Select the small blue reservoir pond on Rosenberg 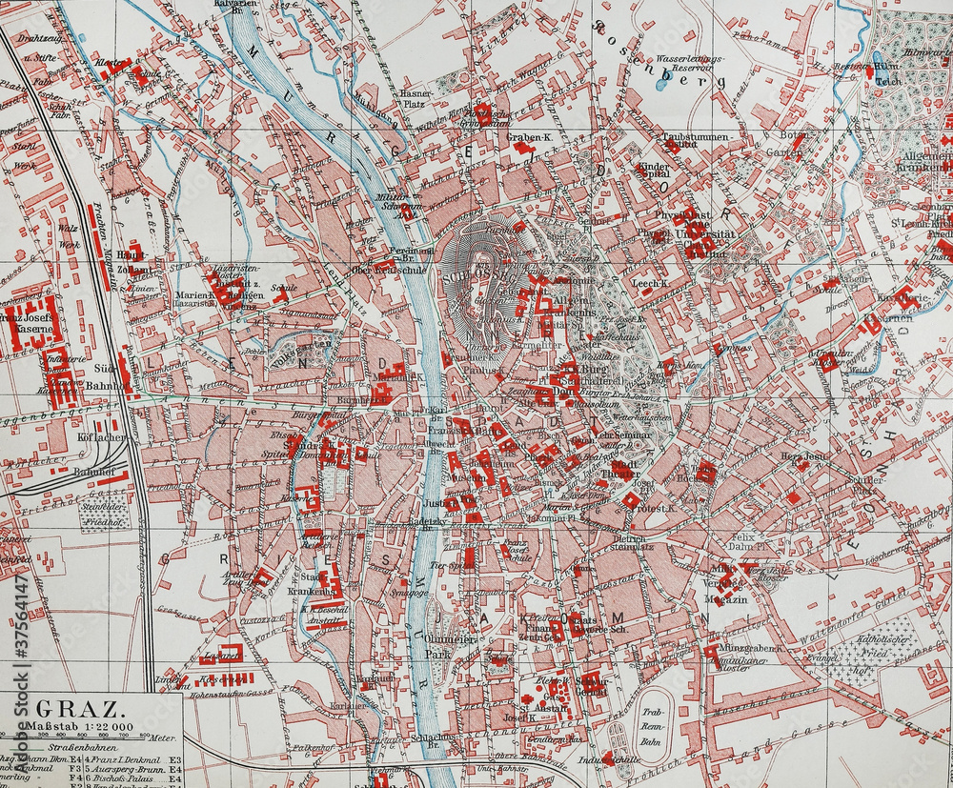pos(661,84)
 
